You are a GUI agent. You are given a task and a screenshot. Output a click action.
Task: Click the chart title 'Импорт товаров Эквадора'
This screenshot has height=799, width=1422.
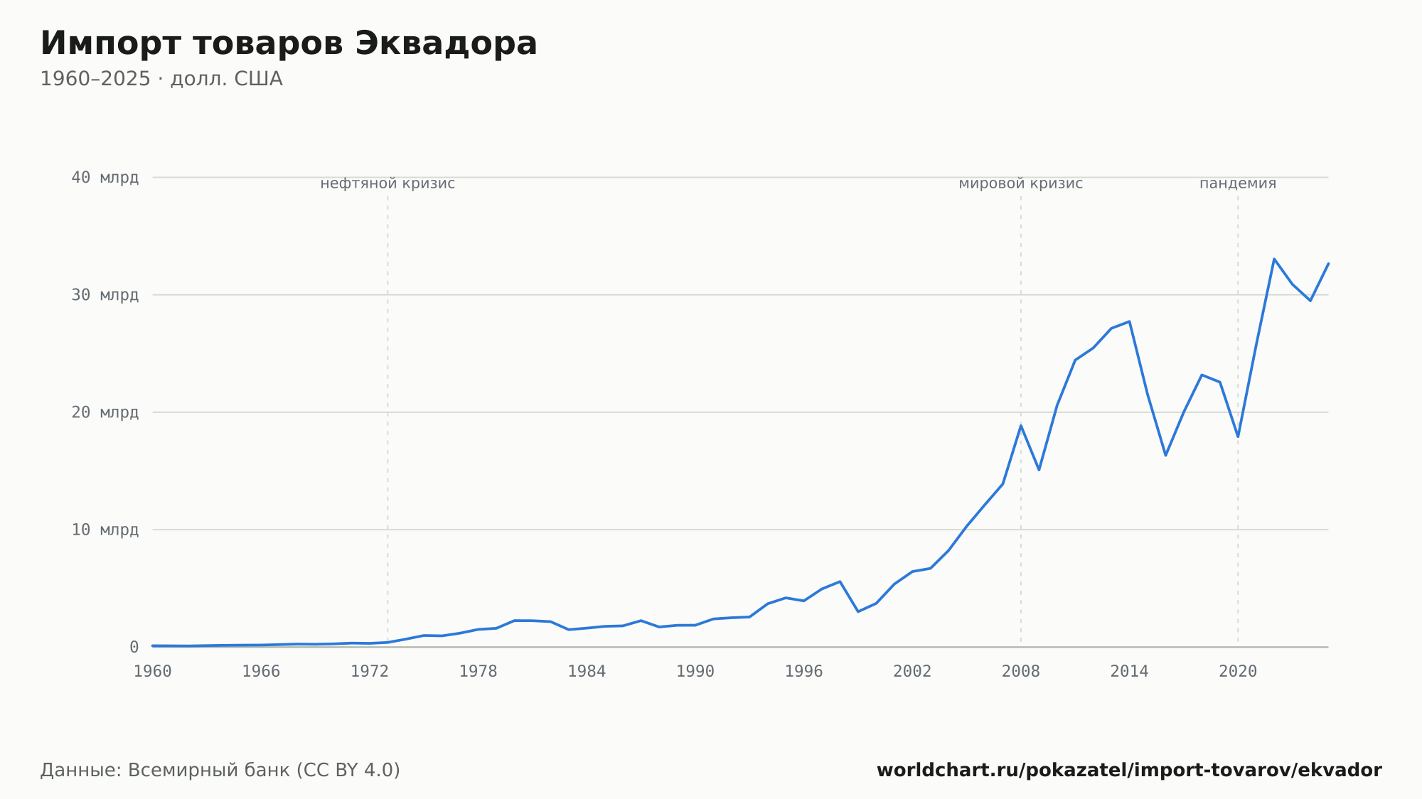point(289,44)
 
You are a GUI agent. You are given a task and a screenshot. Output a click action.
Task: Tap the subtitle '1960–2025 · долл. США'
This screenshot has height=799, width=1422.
point(161,79)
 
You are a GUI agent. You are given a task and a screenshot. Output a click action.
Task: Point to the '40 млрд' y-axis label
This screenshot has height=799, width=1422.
point(105,178)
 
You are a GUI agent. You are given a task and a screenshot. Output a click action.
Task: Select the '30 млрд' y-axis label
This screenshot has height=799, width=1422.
point(105,295)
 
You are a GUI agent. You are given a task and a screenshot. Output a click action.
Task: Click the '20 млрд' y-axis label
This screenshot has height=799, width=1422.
point(105,412)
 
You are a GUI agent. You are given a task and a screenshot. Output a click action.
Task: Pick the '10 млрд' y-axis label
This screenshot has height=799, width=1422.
point(105,530)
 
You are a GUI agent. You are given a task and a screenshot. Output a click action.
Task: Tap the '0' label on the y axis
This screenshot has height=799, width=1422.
point(134,647)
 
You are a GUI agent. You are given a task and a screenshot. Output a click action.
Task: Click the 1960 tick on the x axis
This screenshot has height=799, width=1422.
point(153,672)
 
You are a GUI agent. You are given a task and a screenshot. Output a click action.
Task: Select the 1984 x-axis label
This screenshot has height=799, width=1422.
point(587,672)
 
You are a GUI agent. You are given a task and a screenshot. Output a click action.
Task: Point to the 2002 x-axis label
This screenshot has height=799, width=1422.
point(912,672)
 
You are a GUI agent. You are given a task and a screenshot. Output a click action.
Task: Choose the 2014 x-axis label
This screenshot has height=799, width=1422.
point(1129,672)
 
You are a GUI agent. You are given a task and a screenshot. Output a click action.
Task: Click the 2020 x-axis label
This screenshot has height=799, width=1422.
point(1238,672)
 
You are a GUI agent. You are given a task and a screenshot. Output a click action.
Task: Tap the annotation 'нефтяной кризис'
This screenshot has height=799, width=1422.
point(387,183)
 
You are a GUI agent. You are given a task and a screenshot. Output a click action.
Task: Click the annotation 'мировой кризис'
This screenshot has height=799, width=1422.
point(1021,183)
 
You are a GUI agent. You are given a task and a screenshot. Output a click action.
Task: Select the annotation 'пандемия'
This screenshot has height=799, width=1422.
point(1238,183)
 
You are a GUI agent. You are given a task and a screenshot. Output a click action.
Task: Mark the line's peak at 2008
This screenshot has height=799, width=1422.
point(1021,426)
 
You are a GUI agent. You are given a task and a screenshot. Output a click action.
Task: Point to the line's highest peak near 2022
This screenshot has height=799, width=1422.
point(1274,259)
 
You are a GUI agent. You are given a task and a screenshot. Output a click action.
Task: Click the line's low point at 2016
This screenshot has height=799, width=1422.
point(1165,455)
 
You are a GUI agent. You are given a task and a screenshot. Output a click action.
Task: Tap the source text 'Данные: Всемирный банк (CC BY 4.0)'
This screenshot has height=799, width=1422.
point(220,771)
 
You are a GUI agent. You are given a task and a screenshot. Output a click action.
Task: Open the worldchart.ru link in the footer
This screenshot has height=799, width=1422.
point(1129,771)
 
